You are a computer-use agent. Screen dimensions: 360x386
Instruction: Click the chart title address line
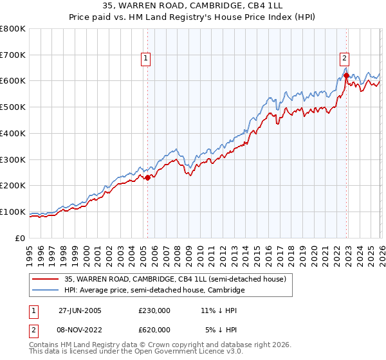pos(192,6)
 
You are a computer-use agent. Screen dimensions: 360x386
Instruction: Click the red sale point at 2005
pos(147,177)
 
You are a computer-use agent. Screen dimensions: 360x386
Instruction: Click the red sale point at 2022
pos(346,75)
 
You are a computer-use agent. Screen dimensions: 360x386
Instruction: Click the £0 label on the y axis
pos(21,238)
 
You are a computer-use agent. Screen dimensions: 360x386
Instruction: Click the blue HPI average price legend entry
pos(154,291)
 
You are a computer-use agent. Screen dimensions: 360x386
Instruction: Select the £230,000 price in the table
pos(154,310)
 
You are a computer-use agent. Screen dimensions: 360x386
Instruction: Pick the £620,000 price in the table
pos(154,329)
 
